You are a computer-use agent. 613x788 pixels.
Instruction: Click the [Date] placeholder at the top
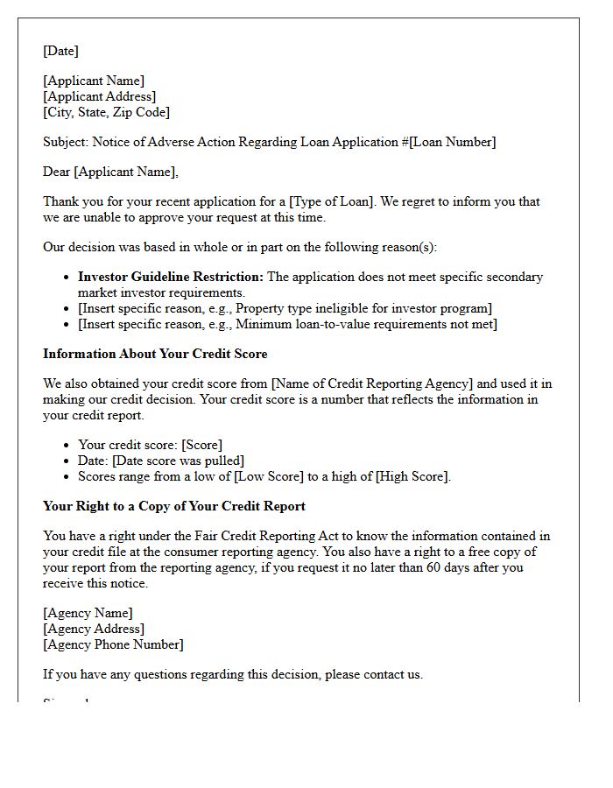60,51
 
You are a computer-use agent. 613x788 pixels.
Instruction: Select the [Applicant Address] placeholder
99,96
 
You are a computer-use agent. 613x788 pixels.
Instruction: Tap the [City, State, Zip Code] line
106,112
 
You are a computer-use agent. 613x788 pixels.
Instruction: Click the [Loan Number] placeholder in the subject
452,142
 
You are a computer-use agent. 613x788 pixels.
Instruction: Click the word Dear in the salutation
56,172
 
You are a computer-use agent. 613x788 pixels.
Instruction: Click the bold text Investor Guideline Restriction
170,277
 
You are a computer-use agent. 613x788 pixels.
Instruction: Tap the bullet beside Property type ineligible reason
67,308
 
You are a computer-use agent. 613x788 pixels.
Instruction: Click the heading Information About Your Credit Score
155,354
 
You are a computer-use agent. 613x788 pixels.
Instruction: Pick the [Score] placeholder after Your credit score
201,445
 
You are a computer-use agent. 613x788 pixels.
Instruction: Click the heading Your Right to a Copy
173,506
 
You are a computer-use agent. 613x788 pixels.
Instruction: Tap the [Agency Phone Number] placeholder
113,644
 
